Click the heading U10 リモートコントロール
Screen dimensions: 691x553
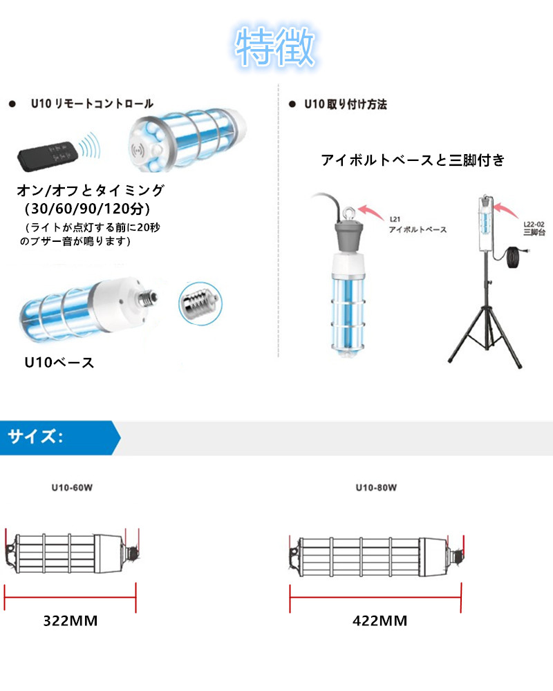tap(92, 104)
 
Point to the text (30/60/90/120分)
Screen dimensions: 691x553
tap(87, 207)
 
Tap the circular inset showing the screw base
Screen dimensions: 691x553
tap(197, 301)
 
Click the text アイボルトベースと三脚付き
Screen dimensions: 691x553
tap(413, 160)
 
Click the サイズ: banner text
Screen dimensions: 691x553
tap(36, 437)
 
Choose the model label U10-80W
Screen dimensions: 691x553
tap(376, 488)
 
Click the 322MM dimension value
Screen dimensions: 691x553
tap(71, 621)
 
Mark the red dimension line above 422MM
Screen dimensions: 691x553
tap(375, 591)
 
